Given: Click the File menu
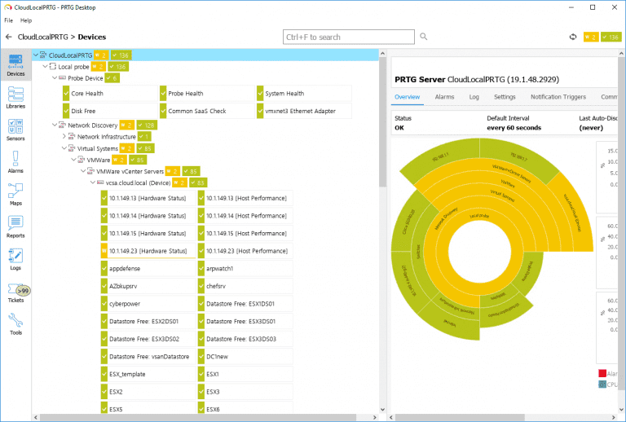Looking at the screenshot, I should tap(9, 20).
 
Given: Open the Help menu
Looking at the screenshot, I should tap(26, 20).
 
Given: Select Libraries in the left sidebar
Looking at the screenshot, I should tap(15, 97).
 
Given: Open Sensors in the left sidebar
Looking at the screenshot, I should tap(15, 130).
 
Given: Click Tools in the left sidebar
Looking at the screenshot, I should tap(15, 323).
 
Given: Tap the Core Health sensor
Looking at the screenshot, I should tap(87, 94).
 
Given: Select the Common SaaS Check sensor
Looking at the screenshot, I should tap(196, 111).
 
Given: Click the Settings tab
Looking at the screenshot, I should tap(505, 97).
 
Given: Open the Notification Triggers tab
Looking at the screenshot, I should tap(558, 97).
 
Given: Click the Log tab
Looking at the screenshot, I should tap(474, 97).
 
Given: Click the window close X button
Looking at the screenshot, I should tap(613, 7).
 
